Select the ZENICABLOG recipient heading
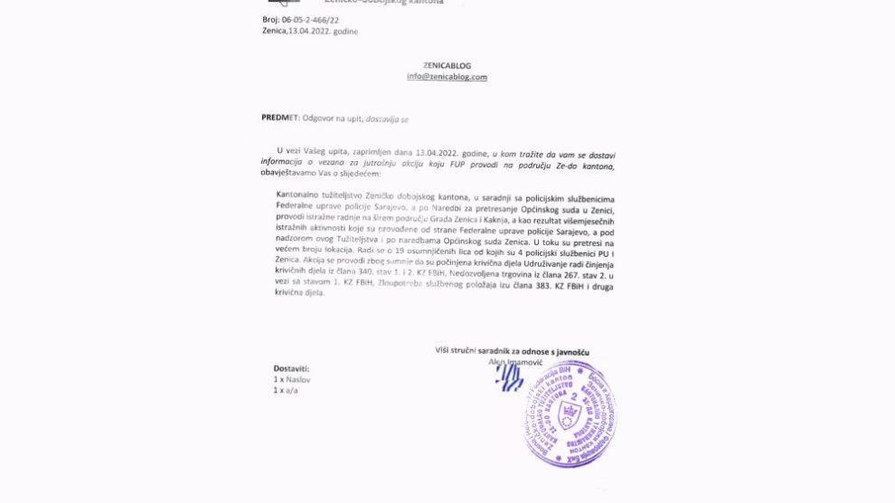click(x=447, y=66)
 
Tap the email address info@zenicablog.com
click(x=447, y=77)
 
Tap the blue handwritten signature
click(x=508, y=377)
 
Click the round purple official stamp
click(x=570, y=413)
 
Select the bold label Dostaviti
click(x=291, y=369)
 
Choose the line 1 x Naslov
click(x=291, y=380)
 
